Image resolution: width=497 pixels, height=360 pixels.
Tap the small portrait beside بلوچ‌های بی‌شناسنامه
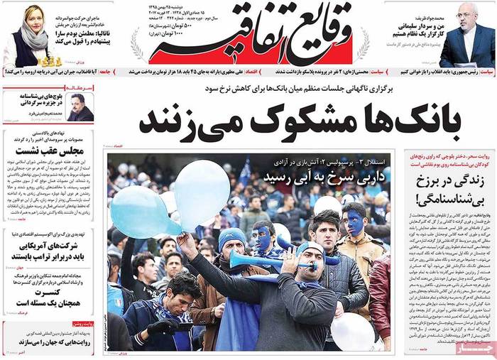[x=80, y=107]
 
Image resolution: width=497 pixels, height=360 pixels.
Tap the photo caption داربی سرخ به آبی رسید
[x=317, y=175]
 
